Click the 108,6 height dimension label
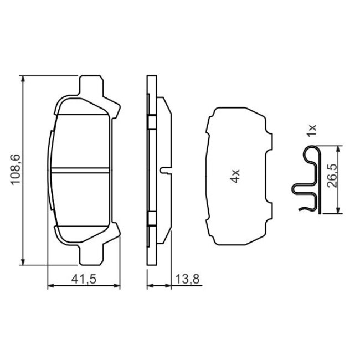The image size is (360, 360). [x=16, y=169]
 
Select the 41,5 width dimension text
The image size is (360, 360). [x=84, y=279]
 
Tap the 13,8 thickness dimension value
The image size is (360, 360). [x=187, y=279]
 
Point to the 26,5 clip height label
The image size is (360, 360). [x=332, y=176]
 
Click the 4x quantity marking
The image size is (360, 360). [x=235, y=176]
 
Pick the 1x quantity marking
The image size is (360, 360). [x=312, y=131]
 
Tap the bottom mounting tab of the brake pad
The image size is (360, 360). [x=91, y=254]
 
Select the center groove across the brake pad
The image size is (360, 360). [x=80, y=170]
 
